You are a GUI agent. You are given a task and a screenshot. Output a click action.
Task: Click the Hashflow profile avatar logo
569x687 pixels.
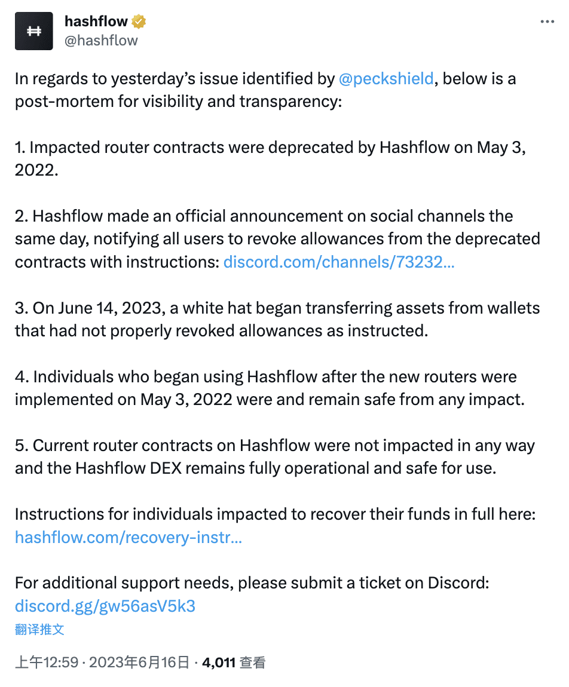34,31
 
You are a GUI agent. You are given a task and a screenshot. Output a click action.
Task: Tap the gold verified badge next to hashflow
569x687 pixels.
139,22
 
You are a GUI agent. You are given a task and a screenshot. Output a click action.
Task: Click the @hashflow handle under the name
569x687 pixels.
100,41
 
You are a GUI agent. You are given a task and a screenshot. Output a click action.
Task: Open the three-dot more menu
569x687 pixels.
547,22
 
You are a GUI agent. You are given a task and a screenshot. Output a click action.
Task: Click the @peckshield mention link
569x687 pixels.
386,78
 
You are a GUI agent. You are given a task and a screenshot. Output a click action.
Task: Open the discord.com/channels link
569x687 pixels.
339,262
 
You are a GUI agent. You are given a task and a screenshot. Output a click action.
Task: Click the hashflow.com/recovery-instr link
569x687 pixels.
128,537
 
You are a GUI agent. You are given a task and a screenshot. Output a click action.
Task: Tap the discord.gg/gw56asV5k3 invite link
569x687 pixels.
105,606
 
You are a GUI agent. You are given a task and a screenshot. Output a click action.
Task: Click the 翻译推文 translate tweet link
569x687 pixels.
39,629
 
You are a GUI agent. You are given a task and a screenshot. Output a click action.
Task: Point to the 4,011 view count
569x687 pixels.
218,663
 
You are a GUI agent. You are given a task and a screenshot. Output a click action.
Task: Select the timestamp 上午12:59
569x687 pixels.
47,663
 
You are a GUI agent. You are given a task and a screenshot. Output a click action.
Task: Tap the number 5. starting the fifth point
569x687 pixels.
22,445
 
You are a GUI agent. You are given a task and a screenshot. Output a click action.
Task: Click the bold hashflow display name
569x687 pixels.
96,22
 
